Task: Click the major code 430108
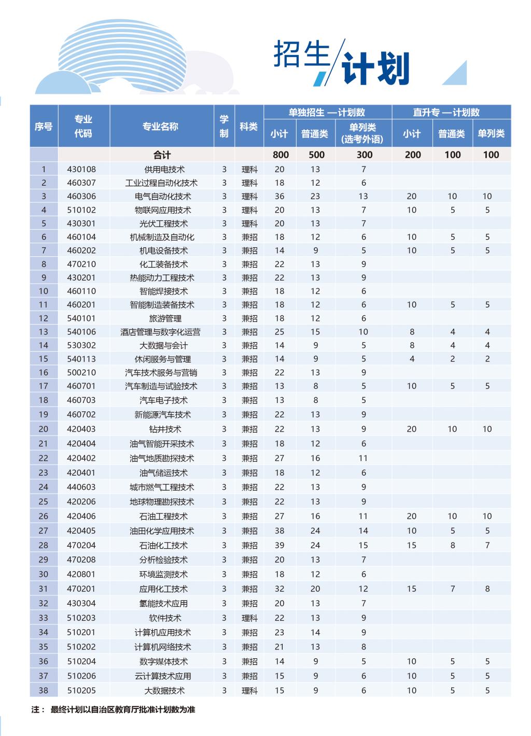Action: pyautogui.click(x=81, y=169)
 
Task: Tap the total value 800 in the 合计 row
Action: pyautogui.click(x=281, y=155)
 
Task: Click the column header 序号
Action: pyautogui.click(x=44, y=127)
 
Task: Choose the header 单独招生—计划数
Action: pyautogui.click(x=327, y=113)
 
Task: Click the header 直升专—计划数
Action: pyautogui.click(x=446, y=113)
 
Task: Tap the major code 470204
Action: pyautogui.click(x=81, y=545)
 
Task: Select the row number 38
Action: pyautogui.click(x=44, y=690)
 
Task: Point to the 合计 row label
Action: pyautogui.click(x=162, y=155)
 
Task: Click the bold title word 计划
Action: pyautogui.click(x=376, y=68)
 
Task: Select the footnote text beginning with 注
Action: pyautogui.click(x=113, y=710)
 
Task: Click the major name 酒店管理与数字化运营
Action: pyautogui.click(x=160, y=332)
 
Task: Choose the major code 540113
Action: pyautogui.click(x=81, y=359)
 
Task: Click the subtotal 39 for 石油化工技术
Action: pyautogui.click(x=280, y=545)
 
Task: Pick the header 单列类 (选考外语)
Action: pyautogui.click(x=362, y=133)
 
